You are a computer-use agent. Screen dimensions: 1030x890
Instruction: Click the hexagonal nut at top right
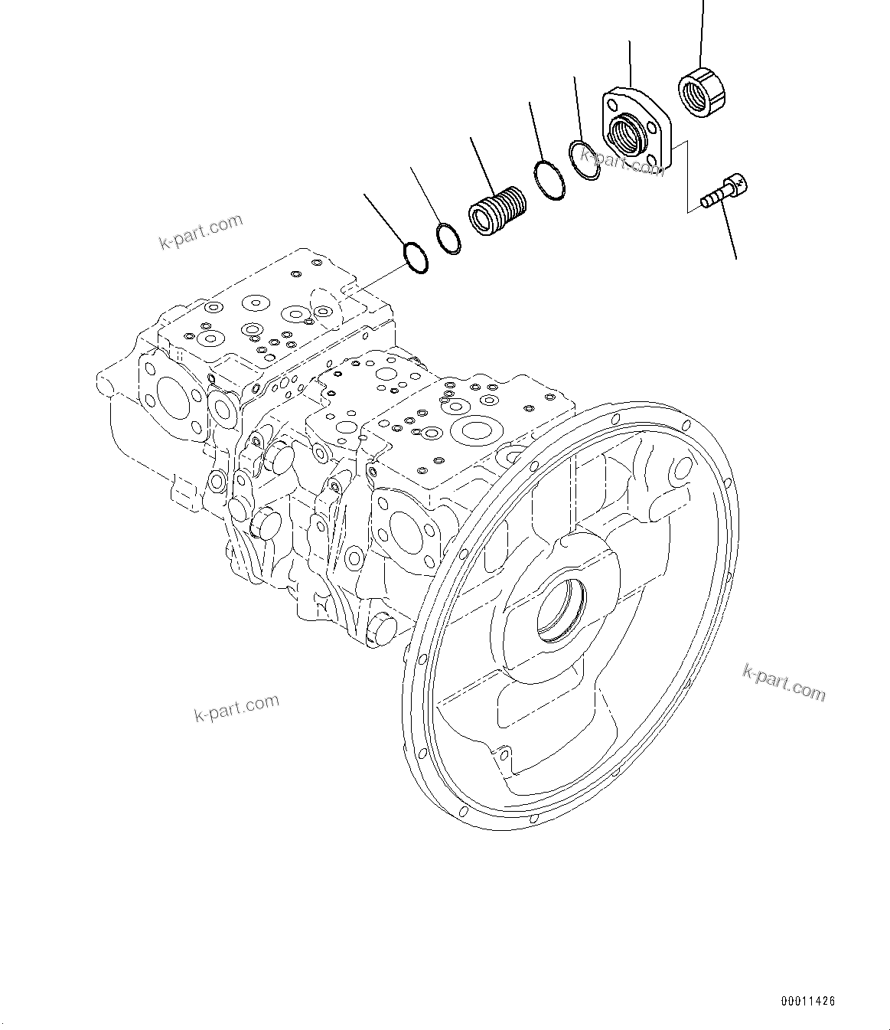tap(703, 93)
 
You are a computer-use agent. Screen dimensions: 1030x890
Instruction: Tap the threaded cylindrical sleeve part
tap(497, 210)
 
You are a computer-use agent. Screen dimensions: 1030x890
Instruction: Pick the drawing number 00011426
tap(808, 1000)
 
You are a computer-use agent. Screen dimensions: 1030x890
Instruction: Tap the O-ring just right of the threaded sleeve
tap(550, 181)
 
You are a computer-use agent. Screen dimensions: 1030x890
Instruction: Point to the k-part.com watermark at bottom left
tap(236, 708)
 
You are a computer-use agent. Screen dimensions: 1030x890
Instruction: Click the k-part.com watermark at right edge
tap(784, 682)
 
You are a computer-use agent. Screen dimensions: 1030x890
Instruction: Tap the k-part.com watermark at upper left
tap(200, 231)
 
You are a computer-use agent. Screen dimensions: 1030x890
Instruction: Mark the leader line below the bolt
tap(729, 234)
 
